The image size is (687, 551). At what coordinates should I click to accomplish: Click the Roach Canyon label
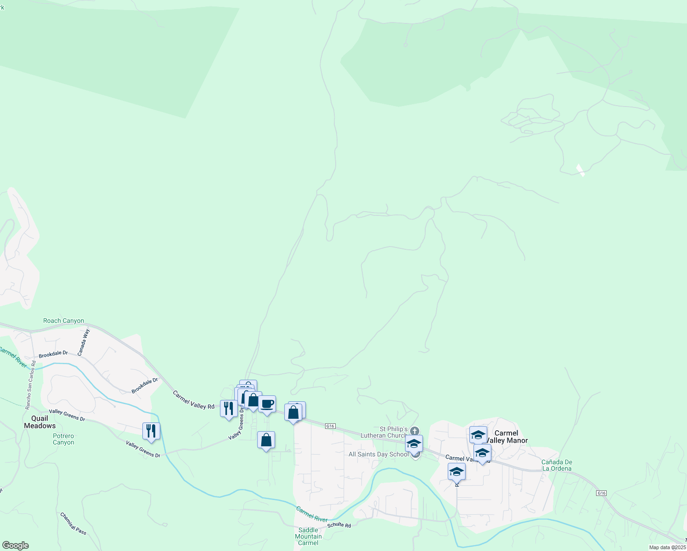coord(63,321)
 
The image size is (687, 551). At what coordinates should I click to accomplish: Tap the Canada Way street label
coord(84,343)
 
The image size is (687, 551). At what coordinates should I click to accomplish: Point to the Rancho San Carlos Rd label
coord(31,385)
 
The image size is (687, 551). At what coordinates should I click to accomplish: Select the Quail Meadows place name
coord(39,422)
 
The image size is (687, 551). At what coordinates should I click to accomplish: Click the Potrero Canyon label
coord(63,439)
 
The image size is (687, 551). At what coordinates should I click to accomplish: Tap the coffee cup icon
coord(267,404)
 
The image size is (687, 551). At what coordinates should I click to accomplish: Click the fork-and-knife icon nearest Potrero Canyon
coord(151,431)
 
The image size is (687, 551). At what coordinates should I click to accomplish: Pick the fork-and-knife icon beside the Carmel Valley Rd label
coord(229,408)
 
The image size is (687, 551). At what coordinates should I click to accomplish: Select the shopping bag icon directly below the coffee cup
coord(266,440)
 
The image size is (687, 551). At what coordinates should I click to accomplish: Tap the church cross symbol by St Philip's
coord(415,431)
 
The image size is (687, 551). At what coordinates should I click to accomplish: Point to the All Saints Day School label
coord(378,454)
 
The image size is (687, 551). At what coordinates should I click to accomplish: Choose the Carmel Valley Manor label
coord(507,437)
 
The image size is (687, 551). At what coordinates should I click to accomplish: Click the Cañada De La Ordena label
coord(557,465)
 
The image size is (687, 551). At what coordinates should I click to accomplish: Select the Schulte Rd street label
coord(339,525)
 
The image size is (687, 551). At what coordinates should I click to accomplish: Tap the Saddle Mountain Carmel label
coord(308,536)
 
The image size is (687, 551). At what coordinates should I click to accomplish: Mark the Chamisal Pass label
coord(73,523)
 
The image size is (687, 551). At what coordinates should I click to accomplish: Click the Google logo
coord(16,545)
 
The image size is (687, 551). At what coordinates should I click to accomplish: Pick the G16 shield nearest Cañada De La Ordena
coord(601,493)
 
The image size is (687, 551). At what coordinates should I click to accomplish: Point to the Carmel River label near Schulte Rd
coord(312,514)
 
